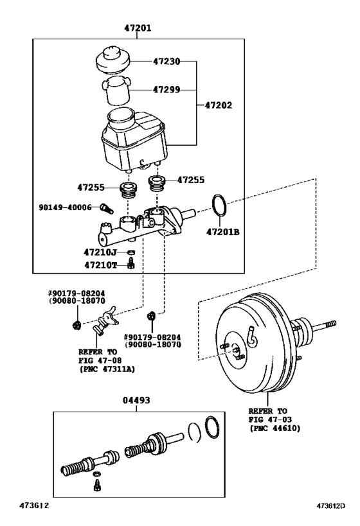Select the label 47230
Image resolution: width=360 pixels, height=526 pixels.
pos(166,62)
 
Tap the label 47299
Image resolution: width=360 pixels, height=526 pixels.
pos(166,91)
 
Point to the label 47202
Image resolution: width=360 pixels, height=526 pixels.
pos(219,105)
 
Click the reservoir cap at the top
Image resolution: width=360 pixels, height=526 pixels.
pos(113,60)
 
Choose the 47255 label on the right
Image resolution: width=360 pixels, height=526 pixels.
pos(191,180)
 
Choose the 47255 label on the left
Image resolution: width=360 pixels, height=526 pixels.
pos(91,188)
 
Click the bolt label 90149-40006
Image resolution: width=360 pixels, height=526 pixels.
pos(65,207)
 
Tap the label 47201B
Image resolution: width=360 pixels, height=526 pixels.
pos(222,231)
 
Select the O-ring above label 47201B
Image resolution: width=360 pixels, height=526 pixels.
pos(219,206)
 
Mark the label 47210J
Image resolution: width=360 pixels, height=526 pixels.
pos(101,252)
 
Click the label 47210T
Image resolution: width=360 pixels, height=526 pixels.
pos(101,264)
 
